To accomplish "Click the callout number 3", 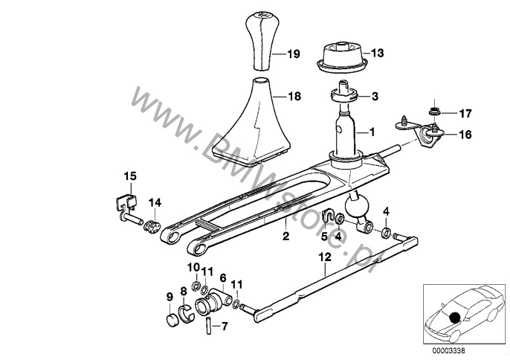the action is [x=375, y=97].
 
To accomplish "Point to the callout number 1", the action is [x=372, y=132].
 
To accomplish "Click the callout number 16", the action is [x=465, y=135].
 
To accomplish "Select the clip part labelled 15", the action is [x=127, y=208].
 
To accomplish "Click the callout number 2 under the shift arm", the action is [x=285, y=236].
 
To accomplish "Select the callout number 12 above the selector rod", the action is [x=326, y=257].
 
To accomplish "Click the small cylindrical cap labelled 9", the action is [x=172, y=321].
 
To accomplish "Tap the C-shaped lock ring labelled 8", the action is [x=186, y=314].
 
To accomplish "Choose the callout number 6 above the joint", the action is [x=223, y=278].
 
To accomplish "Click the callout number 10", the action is [x=193, y=268].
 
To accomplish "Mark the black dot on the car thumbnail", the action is [x=454, y=317].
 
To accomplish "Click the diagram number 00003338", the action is [x=450, y=351].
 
